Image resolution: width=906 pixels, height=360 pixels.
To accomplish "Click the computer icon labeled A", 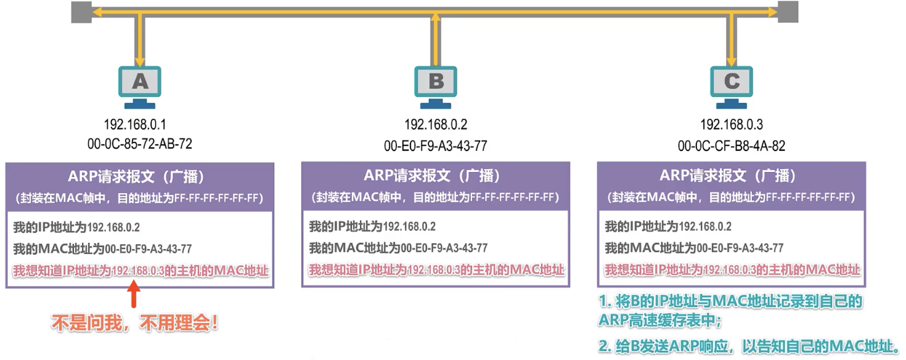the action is [139, 88].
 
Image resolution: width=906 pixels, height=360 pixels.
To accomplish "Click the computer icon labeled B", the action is [436, 88].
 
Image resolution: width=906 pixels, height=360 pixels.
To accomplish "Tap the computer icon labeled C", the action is [731, 88].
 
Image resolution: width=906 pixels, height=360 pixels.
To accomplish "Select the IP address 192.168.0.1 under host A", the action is [135, 124].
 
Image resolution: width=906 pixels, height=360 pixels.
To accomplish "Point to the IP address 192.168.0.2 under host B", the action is [436, 124].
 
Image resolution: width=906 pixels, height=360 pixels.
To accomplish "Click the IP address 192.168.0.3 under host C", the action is [731, 124].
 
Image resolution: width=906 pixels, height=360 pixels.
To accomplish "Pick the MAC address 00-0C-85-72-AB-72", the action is [139, 144].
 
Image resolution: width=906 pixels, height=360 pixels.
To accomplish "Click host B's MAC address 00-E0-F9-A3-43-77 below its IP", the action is [436, 145].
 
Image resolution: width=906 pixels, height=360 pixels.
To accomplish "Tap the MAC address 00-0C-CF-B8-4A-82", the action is [731, 145].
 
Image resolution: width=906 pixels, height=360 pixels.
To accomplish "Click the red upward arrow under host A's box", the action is [134, 294].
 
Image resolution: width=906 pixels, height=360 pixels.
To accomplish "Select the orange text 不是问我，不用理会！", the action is [135, 323].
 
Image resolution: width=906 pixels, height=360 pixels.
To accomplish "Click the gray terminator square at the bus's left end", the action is [81, 12].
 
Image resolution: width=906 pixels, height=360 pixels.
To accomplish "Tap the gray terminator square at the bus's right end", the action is [788, 12].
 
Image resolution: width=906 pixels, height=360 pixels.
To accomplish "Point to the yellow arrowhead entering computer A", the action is [140, 62].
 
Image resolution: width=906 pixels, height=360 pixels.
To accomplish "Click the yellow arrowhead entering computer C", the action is [731, 62].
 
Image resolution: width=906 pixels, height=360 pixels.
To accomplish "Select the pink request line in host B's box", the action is [436, 270].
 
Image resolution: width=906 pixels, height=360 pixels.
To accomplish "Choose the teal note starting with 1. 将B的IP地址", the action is [730, 311].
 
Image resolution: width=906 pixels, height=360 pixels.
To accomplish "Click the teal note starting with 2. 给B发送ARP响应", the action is [749, 346].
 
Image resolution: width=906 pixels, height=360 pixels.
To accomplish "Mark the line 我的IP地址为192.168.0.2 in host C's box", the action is [668, 226].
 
